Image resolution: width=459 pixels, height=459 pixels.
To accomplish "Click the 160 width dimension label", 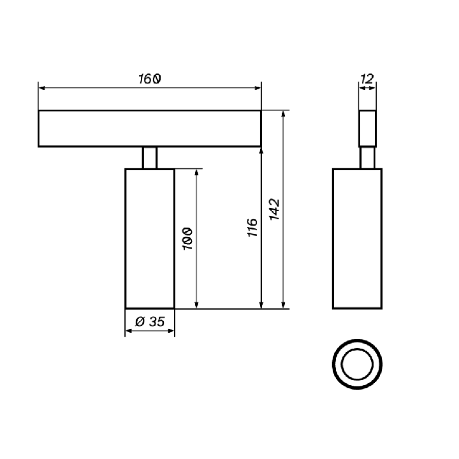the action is click(x=150, y=79).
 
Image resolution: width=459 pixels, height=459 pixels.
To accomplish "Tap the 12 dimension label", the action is click(x=367, y=79).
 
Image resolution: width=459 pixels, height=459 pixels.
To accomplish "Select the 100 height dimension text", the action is click(x=187, y=238).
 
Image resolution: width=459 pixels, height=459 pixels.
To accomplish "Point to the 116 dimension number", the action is click(x=252, y=228).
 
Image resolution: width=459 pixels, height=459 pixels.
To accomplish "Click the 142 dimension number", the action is click(x=274, y=209).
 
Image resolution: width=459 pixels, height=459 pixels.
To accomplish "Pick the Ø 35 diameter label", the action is click(x=150, y=321).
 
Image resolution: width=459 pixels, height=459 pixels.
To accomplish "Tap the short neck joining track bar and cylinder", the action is click(x=150, y=158).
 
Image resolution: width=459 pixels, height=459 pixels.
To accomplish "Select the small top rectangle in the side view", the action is click(x=367, y=129).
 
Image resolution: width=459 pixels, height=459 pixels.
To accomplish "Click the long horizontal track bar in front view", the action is click(x=150, y=129).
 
